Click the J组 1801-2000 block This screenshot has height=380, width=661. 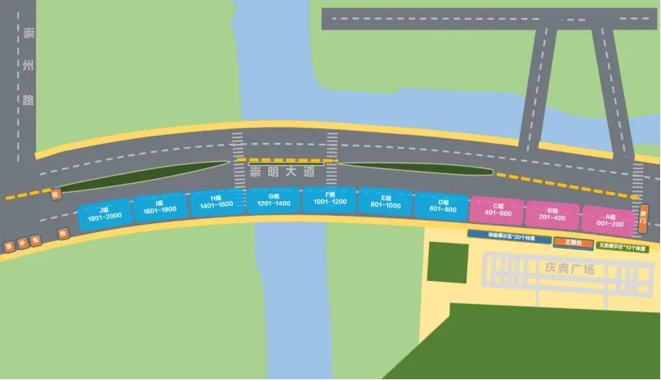pyautogui.click(x=105, y=215)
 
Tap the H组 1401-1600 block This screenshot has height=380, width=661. pyautogui.click(x=217, y=203)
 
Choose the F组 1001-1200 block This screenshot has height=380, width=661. pyautogui.click(x=329, y=199)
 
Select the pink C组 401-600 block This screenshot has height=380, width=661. pyautogui.click(x=497, y=209)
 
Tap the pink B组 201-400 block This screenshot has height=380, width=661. pyautogui.click(x=552, y=213)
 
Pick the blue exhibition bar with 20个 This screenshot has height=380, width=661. pyautogui.click(x=511, y=235)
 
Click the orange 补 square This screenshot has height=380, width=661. pyautogui.click(x=22, y=243)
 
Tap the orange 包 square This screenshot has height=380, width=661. pyautogui.click(x=35, y=240)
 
